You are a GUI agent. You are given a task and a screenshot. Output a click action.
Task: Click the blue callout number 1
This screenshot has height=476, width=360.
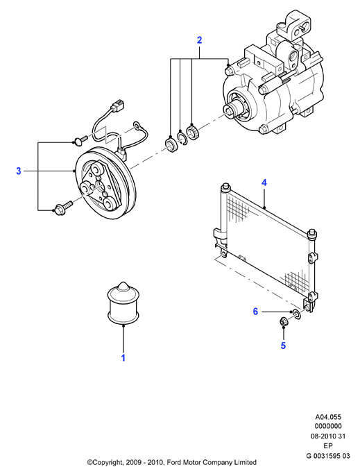123,357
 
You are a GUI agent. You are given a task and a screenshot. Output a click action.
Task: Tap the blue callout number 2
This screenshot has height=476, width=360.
200,40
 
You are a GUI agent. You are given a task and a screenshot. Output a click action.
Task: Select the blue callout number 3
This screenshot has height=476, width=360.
19,171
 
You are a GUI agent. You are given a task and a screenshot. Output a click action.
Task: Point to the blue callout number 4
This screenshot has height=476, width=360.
264,182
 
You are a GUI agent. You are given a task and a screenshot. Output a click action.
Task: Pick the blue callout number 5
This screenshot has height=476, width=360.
283,346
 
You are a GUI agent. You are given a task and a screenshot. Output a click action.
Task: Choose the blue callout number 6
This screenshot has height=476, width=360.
255,312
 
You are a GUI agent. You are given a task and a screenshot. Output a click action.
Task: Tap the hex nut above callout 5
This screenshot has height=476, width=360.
283,322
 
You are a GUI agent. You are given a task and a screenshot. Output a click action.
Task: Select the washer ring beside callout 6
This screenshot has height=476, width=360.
296,314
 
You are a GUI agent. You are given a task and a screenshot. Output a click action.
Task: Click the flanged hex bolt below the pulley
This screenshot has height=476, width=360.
63,208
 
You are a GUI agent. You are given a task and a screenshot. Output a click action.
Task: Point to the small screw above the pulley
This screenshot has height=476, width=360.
80,139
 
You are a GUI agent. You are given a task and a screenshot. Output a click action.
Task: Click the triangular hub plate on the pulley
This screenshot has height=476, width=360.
98,187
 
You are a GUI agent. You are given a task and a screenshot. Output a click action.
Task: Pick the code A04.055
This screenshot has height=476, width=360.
328,417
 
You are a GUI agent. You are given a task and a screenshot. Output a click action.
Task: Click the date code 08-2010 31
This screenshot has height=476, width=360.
328,436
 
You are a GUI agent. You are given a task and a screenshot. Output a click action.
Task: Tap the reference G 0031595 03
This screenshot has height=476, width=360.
328,456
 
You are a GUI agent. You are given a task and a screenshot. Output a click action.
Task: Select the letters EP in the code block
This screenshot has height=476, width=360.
328,446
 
